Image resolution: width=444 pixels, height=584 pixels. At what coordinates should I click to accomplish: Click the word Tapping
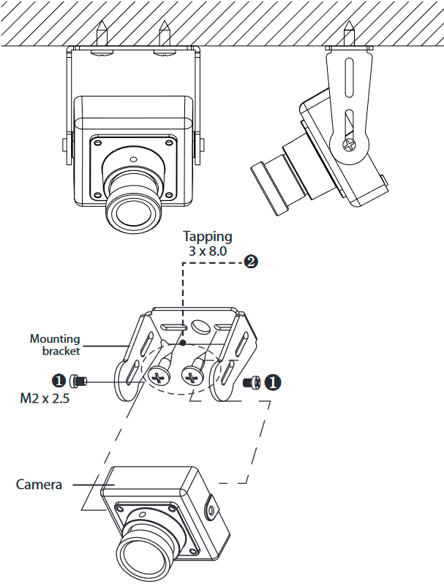click(208, 236)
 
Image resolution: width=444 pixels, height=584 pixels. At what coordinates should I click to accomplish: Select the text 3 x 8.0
click(208, 251)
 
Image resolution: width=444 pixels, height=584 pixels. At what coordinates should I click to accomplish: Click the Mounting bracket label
click(55, 344)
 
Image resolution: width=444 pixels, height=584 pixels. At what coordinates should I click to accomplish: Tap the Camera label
click(39, 485)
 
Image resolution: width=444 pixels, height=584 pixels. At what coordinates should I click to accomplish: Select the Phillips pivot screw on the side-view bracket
click(351, 142)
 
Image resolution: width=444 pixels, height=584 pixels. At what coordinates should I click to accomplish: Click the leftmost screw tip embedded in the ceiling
click(101, 32)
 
